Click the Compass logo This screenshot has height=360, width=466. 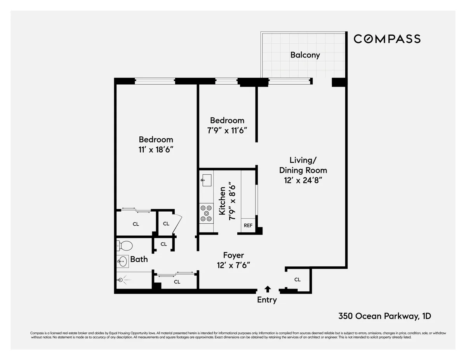tap(387, 39)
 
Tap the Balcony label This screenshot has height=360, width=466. tap(305, 55)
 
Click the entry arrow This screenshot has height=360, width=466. tap(267, 289)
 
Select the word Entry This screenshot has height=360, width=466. tap(267, 300)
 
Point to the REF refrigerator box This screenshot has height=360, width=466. tap(248, 225)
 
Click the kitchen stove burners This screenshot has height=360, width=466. tap(206, 213)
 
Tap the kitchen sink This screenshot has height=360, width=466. tap(206, 180)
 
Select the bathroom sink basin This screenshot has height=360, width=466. tap(123, 262)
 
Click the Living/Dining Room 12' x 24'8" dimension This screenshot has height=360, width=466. tap(303, 180)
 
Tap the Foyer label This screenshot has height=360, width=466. tap(233, 255)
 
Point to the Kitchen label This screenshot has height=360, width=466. tap(223, 201)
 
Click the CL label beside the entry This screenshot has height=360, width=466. tap(297, 280)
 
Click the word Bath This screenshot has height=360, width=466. tap(139, 259)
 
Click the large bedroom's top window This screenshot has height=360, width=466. tap(155, 81)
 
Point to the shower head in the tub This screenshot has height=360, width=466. tap(120, 279)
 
